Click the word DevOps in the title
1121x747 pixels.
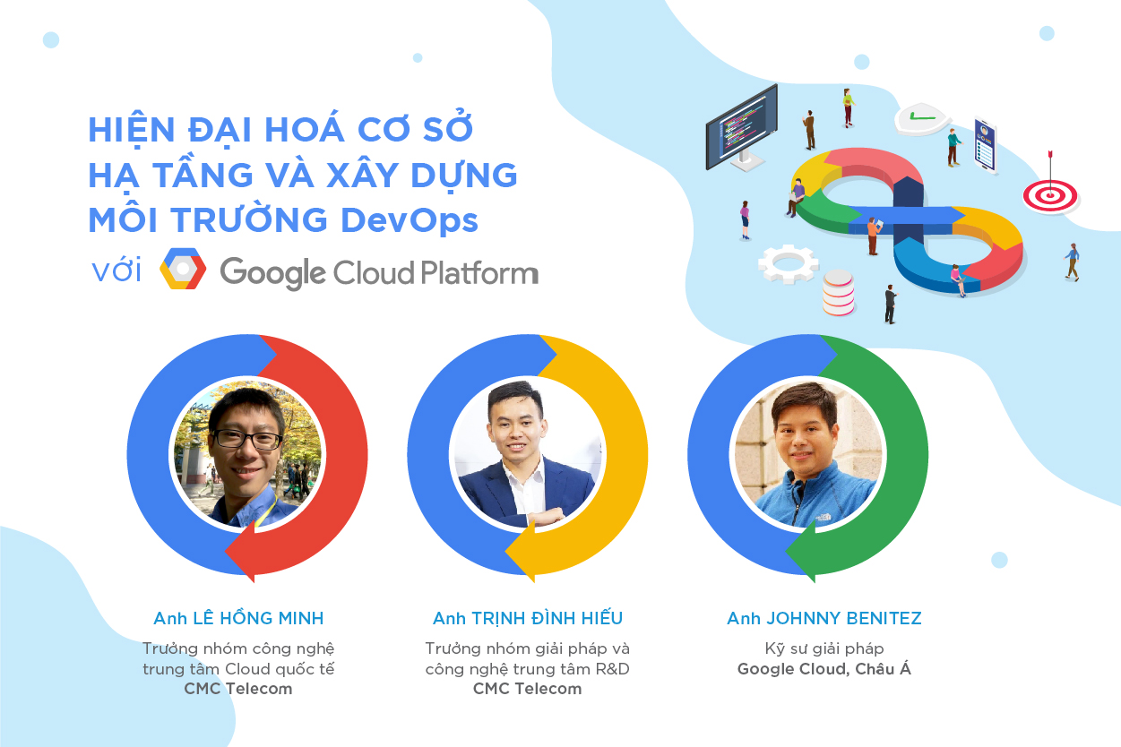(409, 220)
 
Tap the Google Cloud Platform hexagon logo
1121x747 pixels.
(183, 269)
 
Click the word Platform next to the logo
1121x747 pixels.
(479, 273)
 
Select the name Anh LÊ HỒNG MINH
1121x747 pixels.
(238, 618)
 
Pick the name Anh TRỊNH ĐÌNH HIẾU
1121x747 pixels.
(528, 618)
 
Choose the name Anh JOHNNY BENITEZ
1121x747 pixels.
(824, 618)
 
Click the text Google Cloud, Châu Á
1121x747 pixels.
(824, 668)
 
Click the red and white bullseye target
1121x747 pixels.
(1050, 196)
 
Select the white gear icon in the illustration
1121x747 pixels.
(789, 263)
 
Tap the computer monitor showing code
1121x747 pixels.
(742, 129)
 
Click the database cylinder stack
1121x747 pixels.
(838, 293)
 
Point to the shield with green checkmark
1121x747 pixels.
(922, 119)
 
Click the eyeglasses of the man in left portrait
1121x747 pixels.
(247, 439)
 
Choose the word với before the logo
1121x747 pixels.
(116, 270)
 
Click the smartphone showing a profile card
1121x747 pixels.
(986, 146)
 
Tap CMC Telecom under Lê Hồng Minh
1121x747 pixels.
(238, 689)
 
